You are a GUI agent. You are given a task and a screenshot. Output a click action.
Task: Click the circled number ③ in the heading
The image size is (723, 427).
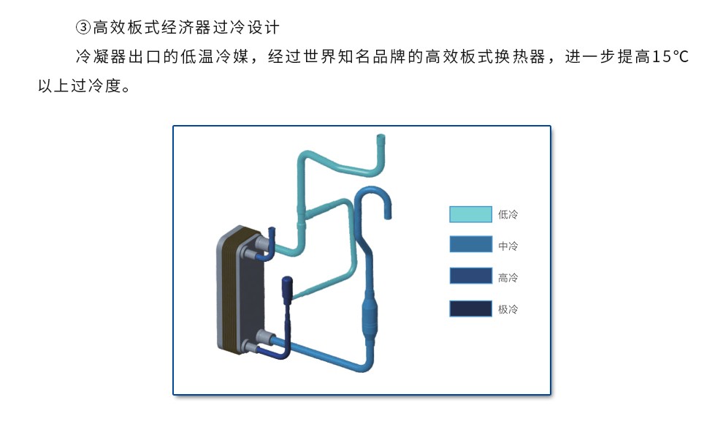tap(83, 28)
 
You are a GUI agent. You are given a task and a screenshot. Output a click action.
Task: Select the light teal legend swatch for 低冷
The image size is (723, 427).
tap(470, 214)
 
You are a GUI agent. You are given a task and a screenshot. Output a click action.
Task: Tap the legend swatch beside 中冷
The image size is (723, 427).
tap(470, 245)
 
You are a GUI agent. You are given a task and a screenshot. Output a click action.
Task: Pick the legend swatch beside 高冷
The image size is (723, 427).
tap(470, 276)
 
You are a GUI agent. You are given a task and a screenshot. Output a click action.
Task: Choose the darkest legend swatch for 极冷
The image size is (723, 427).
tap(470, 309)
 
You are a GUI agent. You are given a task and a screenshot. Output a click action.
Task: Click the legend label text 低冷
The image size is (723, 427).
tap(508, 215)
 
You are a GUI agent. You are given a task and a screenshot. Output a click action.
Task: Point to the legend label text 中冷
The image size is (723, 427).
tap(508, 246)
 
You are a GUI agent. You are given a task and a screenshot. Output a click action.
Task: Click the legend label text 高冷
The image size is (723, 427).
tap(508, 277)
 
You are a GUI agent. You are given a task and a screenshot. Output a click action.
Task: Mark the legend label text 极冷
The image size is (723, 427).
tap(508, 309)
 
